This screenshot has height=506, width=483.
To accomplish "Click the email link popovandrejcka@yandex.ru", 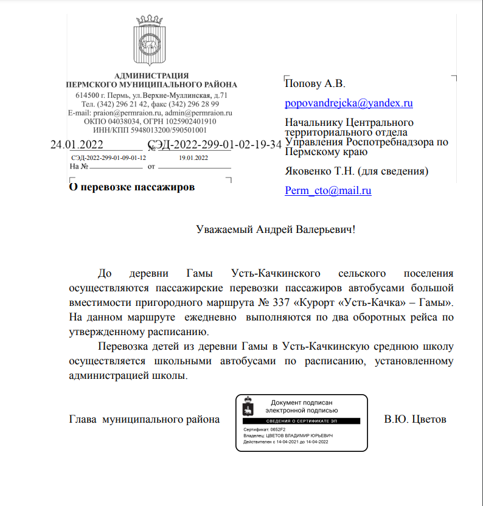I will [x=349, y=103].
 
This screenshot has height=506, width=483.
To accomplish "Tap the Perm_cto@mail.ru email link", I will [x=328, y=190].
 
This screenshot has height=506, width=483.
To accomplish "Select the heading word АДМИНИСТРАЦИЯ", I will [x=151, y=75].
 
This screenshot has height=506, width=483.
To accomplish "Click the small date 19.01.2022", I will [x=193, y=158].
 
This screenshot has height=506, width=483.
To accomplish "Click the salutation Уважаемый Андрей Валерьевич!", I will [x=275, y=230].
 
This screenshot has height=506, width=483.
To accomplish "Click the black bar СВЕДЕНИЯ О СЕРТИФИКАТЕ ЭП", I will [x=301, y=421].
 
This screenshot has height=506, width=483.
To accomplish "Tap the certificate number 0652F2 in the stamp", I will [x=275, y=429].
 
